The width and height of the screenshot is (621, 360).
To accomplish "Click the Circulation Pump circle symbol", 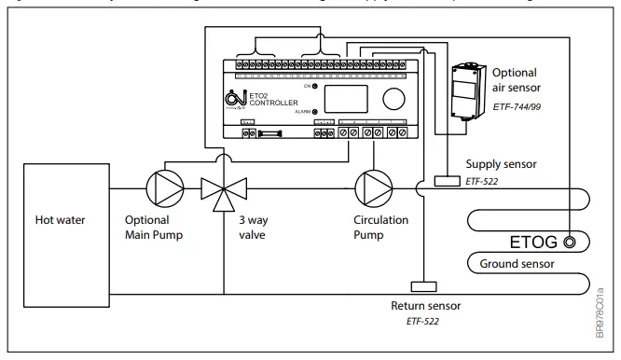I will pyautogui.click(x=373, y=187).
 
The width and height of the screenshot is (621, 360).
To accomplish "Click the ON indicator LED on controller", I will pyautogui.click(x=315, y=86).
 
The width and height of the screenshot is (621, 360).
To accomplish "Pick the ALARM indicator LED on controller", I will pyautogui.click(x=315, y=111).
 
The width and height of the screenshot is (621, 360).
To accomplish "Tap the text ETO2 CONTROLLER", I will pyautogui.click(x=274, y=97).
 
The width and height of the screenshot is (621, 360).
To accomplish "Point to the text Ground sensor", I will pyautogui.click(x=518, y=264).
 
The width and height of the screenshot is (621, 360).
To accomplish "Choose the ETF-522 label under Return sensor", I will pyautogui.click(x=424, y=321).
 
